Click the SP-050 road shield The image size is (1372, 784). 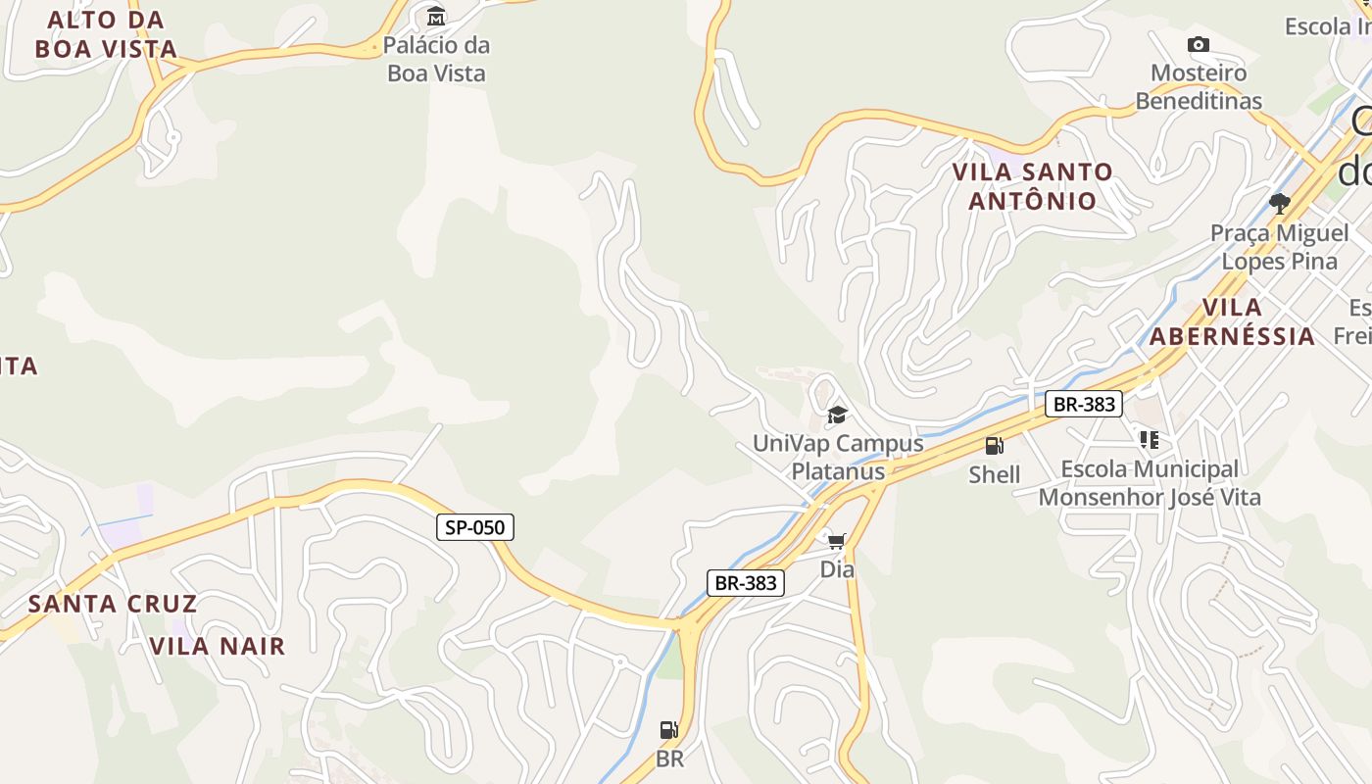tap(475, 527)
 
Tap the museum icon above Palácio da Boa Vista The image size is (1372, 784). tap(436, 17)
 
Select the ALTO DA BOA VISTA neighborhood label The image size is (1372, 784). tap(106, 34)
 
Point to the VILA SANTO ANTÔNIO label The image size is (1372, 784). tap(1033, 186)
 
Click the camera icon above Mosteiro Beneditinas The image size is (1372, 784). tap(1198, 44)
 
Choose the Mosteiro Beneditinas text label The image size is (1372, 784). tap(1199, 86)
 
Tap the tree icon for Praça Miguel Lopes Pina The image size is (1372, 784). tap(1279, 203)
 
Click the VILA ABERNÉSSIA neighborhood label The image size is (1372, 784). tap(1232, 321)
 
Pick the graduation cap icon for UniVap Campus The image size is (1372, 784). tap(837, 415)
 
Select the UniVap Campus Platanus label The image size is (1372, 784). tap(838, 457)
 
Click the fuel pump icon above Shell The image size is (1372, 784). tap(995, 446)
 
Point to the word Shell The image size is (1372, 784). tap(995, 474)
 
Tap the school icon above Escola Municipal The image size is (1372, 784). tap(1149, 440)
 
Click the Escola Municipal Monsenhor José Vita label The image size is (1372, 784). tap(1150, 483)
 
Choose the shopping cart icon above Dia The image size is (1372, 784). tap(837, 541)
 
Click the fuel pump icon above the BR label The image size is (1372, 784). tap(669, 730)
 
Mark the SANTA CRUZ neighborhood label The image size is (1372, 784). tap(113, 604)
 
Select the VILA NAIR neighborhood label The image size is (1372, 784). tap(218, 646)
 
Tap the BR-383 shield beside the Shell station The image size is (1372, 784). tap(1083, 404)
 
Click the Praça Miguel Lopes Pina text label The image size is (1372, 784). tap(1279, 247)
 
